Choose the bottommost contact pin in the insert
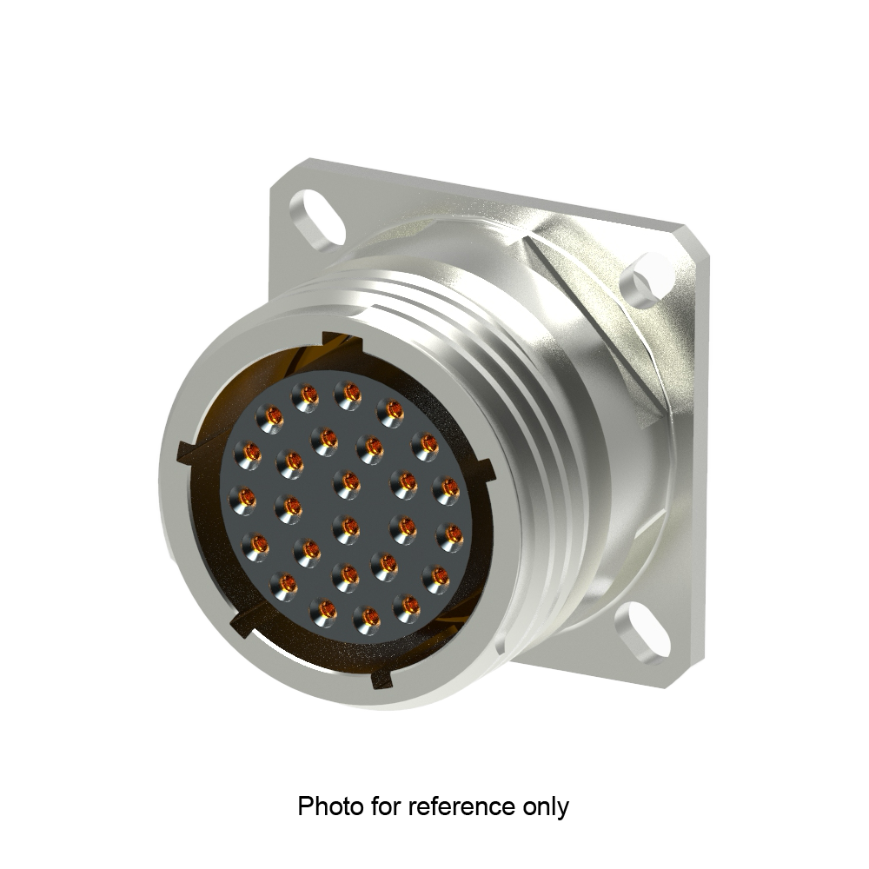click(369, 618)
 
